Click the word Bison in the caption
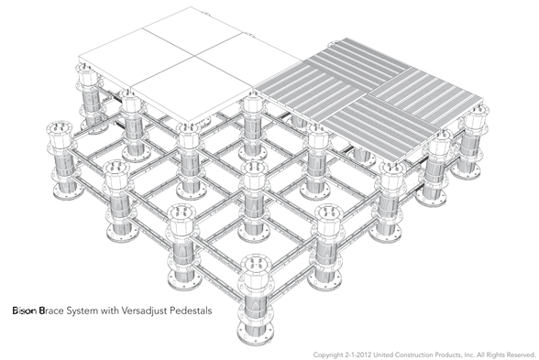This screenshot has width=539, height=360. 25,311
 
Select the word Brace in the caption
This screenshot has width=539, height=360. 51,311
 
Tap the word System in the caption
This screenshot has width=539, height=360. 82,311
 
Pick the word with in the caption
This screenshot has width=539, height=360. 108,311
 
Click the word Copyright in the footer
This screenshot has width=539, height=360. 328,355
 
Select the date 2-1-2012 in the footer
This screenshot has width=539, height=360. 358,355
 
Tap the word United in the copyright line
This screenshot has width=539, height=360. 383,355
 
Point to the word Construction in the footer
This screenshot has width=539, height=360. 413,355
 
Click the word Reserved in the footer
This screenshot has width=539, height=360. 522,355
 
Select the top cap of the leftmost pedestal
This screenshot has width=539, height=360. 60,129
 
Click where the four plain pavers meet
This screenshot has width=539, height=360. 196,56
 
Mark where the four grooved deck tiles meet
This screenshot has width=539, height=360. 369,93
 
